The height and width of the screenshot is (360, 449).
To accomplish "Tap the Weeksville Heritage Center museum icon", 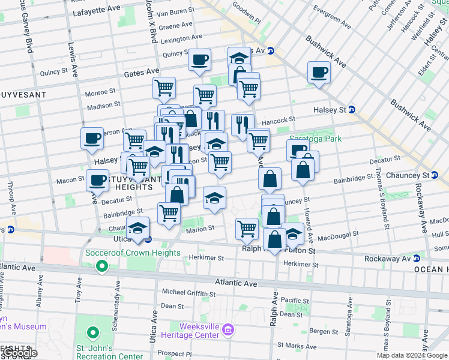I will [228, 329].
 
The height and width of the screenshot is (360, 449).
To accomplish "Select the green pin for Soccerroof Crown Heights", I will [103, 265].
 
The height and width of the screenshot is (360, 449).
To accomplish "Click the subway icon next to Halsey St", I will [352, 110].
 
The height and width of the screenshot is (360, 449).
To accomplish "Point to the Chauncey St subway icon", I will [434, 175].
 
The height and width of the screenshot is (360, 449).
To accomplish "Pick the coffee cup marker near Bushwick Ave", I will [319, 73].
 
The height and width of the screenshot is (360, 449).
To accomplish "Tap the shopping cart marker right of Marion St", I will [247, 228].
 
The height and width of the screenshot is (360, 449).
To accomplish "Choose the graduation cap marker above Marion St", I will [214, 199].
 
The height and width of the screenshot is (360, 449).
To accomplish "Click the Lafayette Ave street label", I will [95, 12].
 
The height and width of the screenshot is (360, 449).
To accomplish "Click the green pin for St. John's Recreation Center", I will [93, 332].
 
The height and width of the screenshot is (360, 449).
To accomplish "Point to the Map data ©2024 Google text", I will [412, 355].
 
